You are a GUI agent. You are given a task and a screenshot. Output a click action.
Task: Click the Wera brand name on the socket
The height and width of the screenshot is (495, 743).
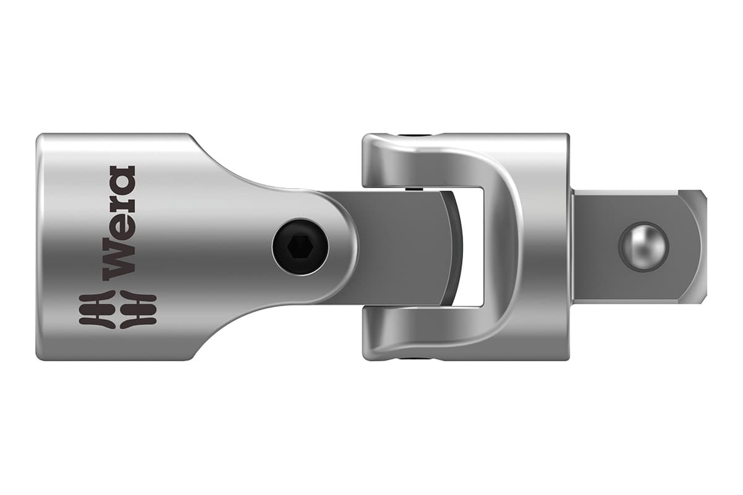119,223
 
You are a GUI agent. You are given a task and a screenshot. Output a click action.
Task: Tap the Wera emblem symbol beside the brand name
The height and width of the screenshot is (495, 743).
118,309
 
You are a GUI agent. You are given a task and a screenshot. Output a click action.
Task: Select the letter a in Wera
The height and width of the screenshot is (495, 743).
119,178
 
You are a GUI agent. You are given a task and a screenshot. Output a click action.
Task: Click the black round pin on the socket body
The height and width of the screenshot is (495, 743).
300,246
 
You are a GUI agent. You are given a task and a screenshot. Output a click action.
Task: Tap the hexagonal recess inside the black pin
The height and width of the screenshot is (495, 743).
300,246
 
